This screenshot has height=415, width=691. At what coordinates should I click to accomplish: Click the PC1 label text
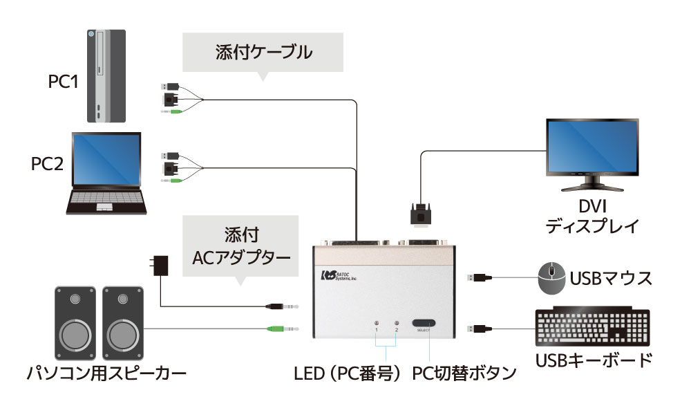click(64, 82)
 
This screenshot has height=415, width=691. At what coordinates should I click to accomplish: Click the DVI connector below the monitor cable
click(421, 214)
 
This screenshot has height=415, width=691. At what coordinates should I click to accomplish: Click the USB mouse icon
click(551, 279)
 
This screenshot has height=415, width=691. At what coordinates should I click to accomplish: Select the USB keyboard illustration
click(592, 329)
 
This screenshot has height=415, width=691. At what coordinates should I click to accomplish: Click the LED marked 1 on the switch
click(377, 323)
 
